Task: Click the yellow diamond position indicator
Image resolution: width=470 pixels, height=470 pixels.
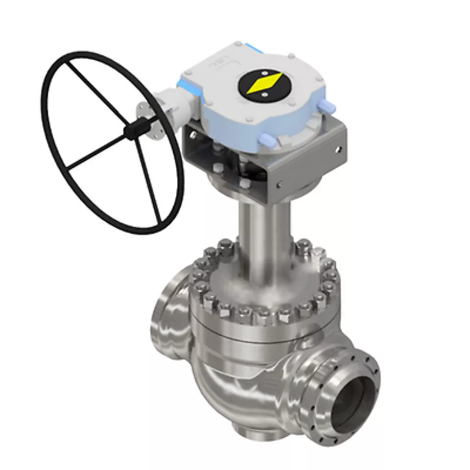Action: [x=264, y=83]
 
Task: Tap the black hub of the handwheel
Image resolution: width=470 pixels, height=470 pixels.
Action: [x=131, y=131]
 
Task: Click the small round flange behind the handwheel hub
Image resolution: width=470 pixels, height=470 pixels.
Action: [x=146, y=115]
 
